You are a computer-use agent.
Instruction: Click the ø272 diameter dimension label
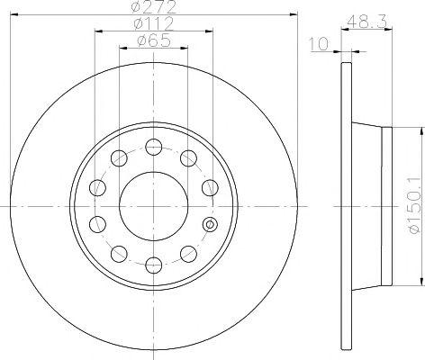click(x=154, y=7)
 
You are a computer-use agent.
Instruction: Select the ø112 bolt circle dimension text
click(x=154, y=23)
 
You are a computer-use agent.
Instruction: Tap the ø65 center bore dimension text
click(x=154, y=40)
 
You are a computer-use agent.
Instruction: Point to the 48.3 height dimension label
click(x=366, y=22)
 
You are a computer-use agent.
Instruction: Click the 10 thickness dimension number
click(x=319, y=44)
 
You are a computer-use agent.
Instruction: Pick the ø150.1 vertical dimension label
click(x=414, y=206)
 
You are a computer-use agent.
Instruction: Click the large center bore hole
click(x=154, y=206)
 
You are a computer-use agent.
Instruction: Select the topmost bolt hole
click(x=154, y=147)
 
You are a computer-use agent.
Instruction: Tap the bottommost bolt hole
click(x=154, y=265)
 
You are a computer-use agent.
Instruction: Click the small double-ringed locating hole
click(x=210, y=224)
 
